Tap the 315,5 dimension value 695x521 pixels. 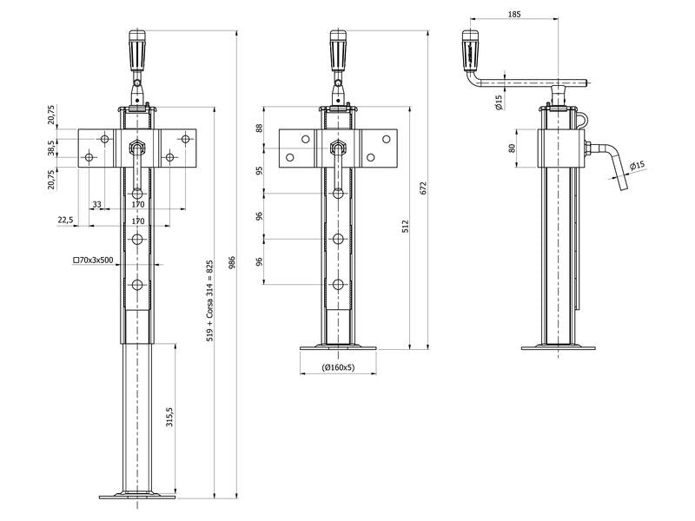(x=170, y=418)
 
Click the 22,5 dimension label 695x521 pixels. (x=65, y=221)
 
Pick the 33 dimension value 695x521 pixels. (x=96, y=205)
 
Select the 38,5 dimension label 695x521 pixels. (x=52, y=148)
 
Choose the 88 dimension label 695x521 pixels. (x=259, y=129)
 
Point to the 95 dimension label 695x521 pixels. (x=259, y=171)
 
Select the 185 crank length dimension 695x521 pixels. (x=514, y=15)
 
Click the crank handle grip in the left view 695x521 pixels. (x=136, y=51)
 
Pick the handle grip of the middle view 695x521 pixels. (x=338, y=51)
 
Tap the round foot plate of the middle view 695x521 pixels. (x=338, y=349)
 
